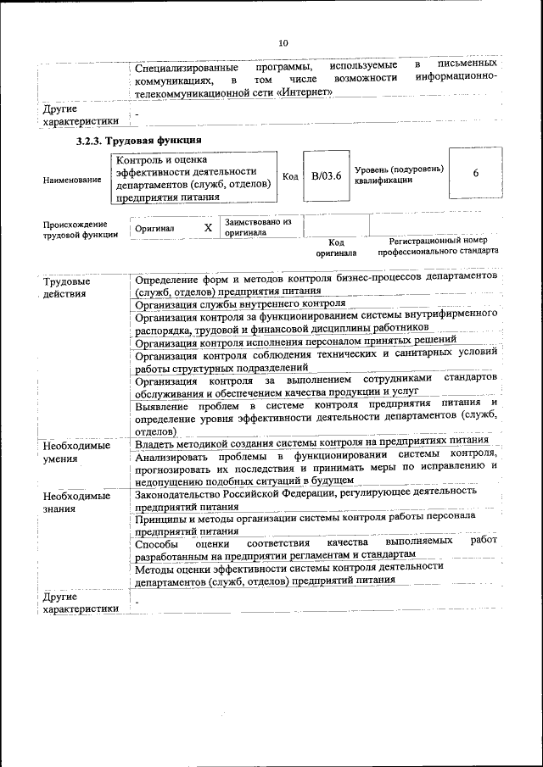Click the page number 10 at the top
283,43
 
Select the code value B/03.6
326,175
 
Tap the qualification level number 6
475,173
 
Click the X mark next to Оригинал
208,228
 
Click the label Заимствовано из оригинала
257,226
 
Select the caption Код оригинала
336,247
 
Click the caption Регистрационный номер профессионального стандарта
438,246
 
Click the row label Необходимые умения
77,452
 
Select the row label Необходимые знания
77,501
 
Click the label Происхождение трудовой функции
81,230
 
